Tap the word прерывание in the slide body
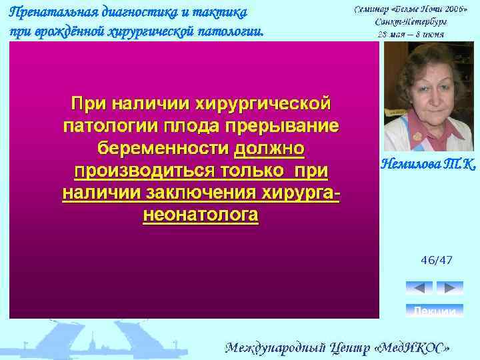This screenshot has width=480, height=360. click(281, 126)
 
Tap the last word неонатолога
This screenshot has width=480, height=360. click(200, 216)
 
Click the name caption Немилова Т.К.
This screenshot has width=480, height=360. click(429, 163)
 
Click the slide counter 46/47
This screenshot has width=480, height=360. click(436, 259)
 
